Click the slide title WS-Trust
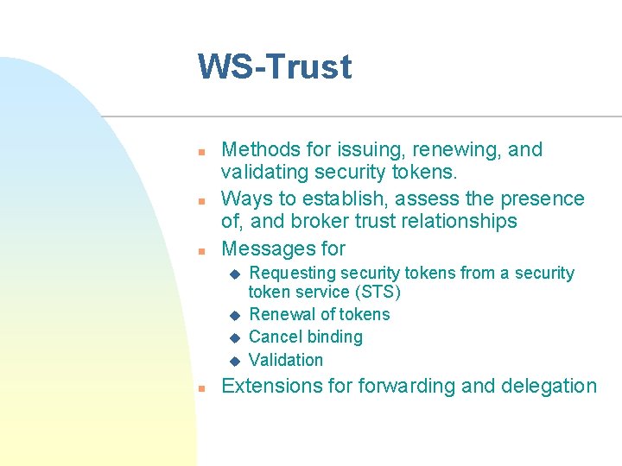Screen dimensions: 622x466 point(275,67)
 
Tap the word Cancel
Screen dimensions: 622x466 point(274,337)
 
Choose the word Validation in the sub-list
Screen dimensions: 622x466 point(286,360)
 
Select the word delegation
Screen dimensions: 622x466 point(555,386)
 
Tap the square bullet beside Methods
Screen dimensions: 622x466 point(200,152)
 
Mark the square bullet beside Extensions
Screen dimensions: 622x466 point(200,388)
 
